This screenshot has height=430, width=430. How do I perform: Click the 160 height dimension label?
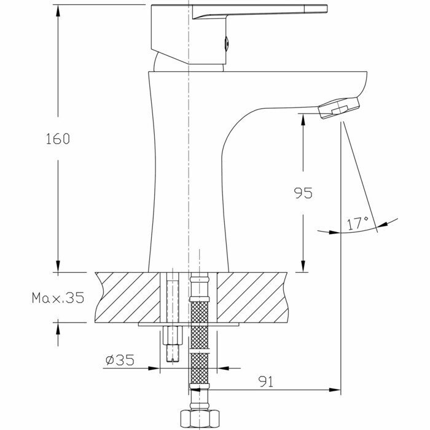pyautogui.click(x=57, y=139)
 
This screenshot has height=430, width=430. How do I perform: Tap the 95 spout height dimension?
pyautogui.click(x=302, y=193)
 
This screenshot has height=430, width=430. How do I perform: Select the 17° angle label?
pyautogui.click(x=358, y=223)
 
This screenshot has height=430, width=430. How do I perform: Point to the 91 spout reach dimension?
pyautogui.click(x=265, y=382)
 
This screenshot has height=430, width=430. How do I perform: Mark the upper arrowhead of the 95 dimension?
pyautogui.click(x=302, y=120)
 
